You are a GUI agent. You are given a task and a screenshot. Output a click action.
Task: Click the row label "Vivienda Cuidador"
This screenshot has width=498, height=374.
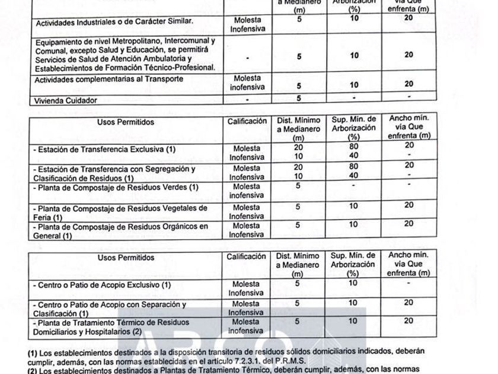66,100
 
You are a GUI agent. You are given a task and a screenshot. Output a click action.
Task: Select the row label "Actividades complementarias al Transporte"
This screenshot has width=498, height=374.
109,79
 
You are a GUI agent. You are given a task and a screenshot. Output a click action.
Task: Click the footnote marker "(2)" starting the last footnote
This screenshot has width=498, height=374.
33,370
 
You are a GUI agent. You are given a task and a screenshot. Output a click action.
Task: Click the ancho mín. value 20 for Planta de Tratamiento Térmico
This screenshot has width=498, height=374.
408,321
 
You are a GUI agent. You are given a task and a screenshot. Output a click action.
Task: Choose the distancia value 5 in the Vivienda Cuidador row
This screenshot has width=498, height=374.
299,98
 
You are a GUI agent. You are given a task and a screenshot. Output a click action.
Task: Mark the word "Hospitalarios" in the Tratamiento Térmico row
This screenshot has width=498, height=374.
110,331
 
